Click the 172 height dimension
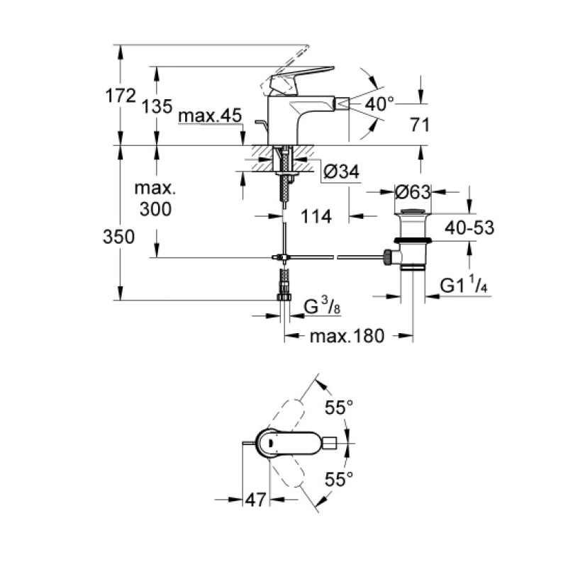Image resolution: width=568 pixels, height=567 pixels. [121, 96]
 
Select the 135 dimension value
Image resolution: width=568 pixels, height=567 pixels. [157, 107]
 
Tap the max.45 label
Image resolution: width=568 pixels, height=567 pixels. [210, 116]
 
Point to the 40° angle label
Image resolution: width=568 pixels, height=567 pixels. [379, 104]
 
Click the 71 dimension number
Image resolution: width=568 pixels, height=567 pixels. [420, 125]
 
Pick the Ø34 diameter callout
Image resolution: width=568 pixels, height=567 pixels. [341, 172]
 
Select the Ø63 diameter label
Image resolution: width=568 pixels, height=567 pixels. [413, 192]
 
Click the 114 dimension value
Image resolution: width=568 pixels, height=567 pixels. [316, 216]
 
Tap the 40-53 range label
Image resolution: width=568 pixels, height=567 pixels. [469, 228]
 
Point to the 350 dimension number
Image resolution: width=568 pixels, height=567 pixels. [119, 237]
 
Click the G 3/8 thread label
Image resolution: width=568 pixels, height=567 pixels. [322, 305]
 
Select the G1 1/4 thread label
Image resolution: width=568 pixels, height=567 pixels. [464, 284]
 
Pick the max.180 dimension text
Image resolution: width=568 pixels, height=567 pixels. [347, 337]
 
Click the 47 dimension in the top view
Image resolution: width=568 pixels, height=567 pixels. [256, 500]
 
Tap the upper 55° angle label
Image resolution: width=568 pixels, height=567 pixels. [339, 408]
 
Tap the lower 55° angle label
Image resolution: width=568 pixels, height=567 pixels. [339, 479]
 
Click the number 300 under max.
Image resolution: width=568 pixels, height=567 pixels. [156, 209]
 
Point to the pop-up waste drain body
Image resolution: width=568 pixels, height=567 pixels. [412, 240]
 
